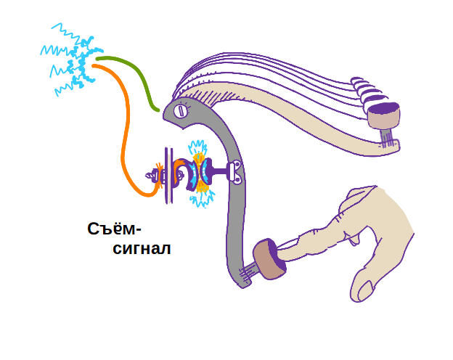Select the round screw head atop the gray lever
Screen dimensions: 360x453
coord(181,110)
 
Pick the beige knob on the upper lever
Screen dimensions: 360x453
coord(383,114)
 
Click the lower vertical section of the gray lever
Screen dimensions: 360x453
coord(236,232)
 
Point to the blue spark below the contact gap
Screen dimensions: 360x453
coord(200,200)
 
